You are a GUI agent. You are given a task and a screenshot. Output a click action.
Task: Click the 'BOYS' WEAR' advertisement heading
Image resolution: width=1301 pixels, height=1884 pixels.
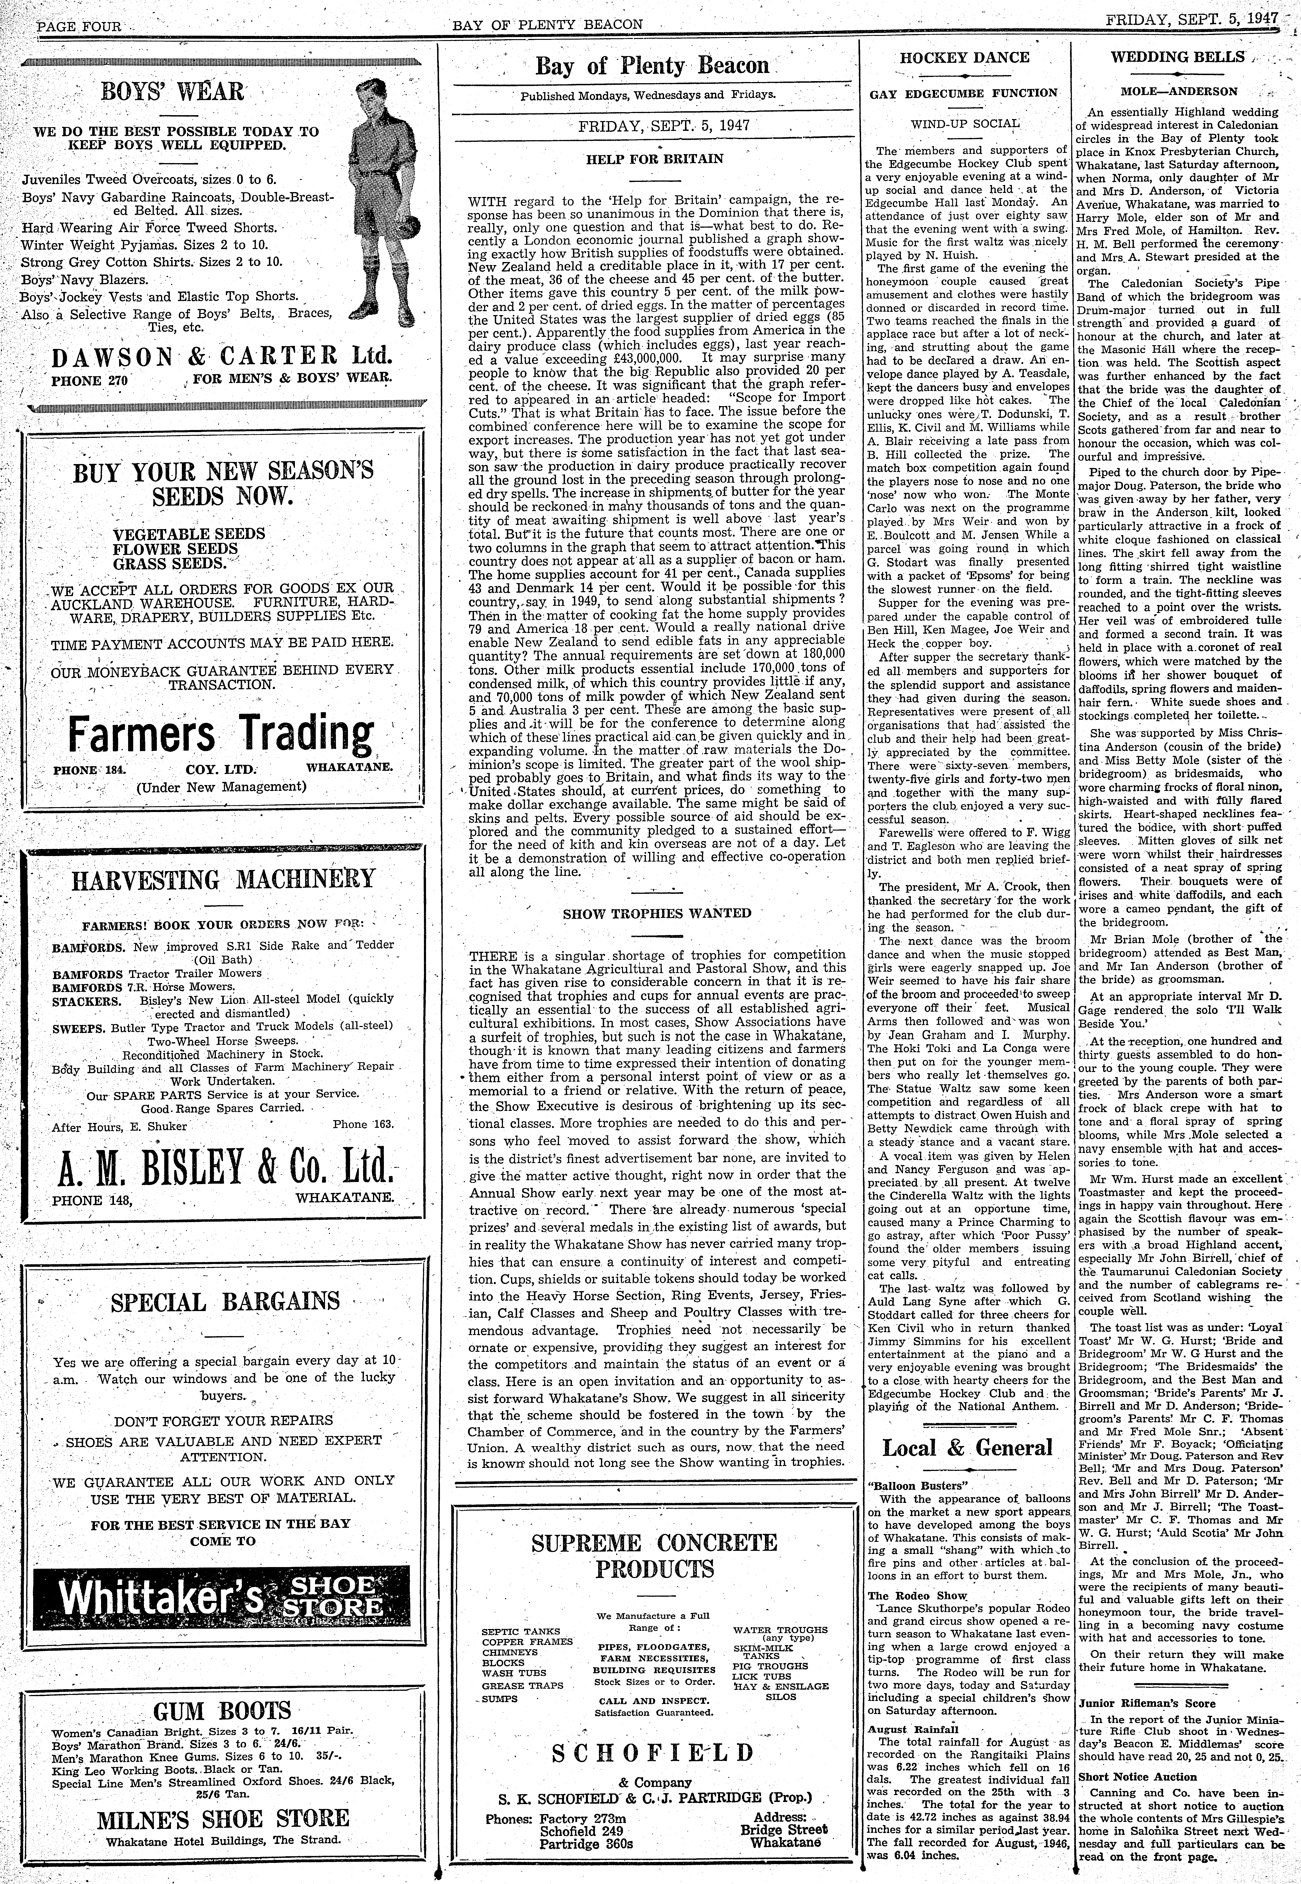coord(173,91)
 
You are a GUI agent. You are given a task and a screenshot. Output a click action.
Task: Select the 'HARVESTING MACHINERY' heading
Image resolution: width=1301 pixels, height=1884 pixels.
coord(223,880)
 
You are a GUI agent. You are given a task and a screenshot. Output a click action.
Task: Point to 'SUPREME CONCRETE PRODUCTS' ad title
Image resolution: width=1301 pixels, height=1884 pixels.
coord(655,1557)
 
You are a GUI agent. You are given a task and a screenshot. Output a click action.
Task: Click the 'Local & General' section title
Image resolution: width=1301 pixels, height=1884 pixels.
coord(967,1449)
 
